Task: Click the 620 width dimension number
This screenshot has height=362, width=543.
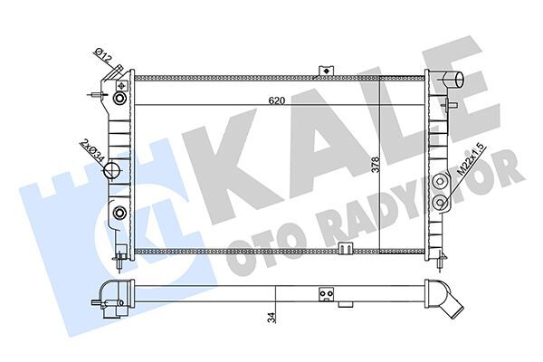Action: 278,101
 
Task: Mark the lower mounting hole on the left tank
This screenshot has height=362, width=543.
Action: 119,214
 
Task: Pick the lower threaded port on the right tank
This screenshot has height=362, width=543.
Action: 441,201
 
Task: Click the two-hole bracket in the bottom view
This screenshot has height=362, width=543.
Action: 325,293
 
